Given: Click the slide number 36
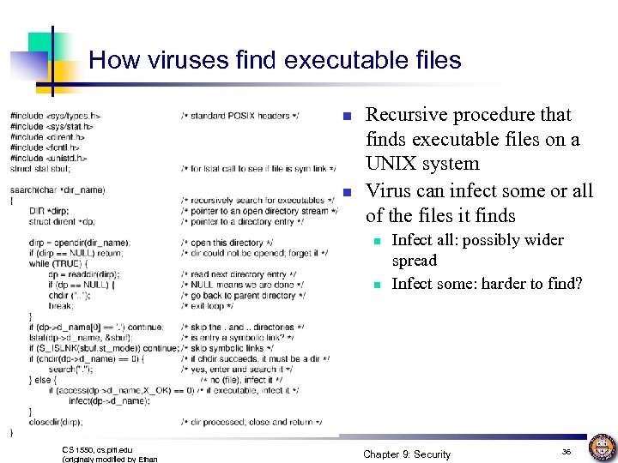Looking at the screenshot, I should [x=566, y=451].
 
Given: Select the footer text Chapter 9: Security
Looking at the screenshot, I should [x=406, y=454].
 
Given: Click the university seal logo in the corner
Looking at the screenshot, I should [x=602, y=448].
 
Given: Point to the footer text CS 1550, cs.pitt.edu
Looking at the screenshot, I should [x=98, y=449].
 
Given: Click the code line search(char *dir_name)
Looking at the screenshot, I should [x=58, y=189].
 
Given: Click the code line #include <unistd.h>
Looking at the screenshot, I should [x=49, y=158].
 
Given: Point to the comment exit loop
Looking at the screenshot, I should [x=210, y=305].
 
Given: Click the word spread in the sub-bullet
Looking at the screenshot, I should [x=414, y=261].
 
